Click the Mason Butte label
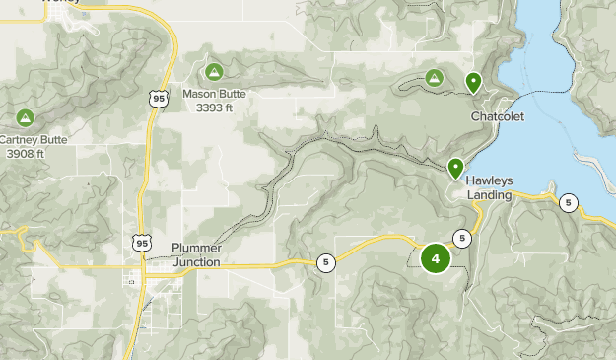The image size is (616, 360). pos(214,95)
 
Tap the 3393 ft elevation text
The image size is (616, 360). pos(214,108)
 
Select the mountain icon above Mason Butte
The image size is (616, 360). pos(214,72)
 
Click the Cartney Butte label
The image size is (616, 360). pos(34,140)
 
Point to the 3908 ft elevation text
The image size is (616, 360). pos(25,153)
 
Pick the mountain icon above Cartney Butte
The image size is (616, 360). pos(26,118)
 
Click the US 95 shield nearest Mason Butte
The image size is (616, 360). pos(160,98)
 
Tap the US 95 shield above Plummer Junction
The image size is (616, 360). pos(143,241)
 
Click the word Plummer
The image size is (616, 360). pos(196,248)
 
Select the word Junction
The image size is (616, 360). pos(196,262)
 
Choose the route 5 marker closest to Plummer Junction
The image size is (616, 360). pos(325,262)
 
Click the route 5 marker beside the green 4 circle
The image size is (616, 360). pos(462,238)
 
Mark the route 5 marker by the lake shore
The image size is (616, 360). pos(568,203)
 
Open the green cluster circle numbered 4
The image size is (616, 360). pos(435,258)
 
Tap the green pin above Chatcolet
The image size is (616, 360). pos(473,83)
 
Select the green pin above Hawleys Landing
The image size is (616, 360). pos(455,169)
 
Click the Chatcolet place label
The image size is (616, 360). pos(497,116)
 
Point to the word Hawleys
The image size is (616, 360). pos(490,181)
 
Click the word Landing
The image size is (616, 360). pos(490,195)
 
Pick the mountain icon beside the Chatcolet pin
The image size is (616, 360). pos(434,77)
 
